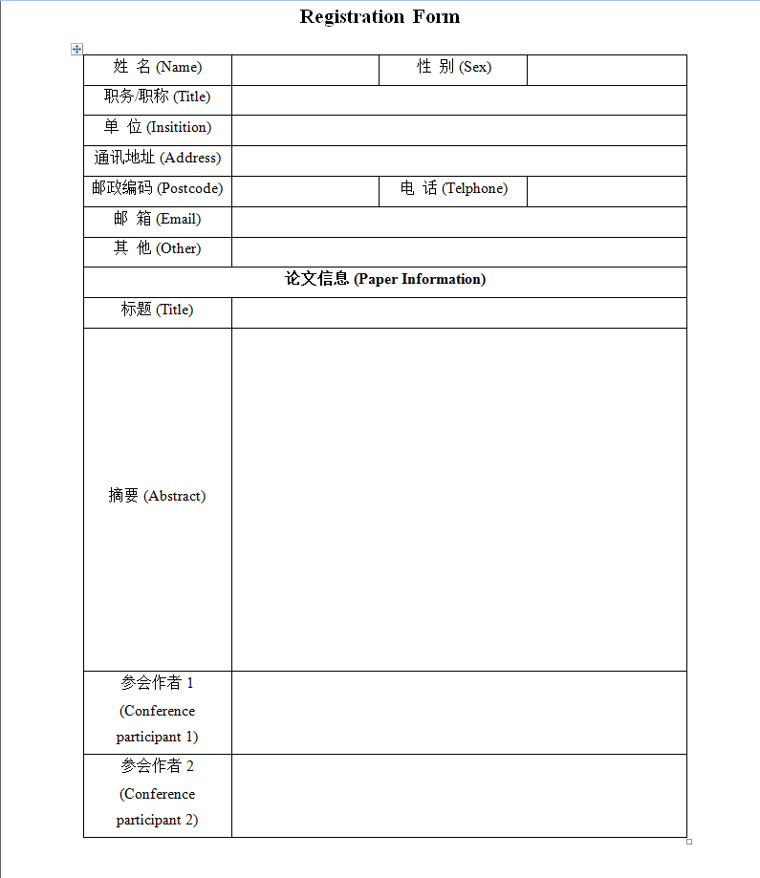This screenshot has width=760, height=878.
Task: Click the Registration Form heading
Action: [380, 16]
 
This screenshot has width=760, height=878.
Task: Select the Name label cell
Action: [158, 67]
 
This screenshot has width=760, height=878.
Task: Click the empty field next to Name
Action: [305, 70]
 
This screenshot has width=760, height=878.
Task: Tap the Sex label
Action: [453, 67]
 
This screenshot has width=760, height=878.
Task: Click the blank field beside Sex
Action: [606, 70]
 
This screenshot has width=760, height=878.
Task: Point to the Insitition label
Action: [158, 127]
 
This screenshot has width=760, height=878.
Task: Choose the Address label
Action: [158, 158]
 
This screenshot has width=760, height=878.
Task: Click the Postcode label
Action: [158, 188]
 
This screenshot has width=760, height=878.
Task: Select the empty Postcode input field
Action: [305, 191]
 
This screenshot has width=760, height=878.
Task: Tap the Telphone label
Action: [453, 188]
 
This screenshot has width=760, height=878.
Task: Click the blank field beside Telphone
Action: [606, 191]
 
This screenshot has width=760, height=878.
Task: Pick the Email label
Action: [158, 219]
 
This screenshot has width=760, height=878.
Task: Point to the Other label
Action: [158, 248]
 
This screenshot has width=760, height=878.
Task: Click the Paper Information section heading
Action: [385, 279]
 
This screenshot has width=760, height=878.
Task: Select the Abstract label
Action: [158, 496]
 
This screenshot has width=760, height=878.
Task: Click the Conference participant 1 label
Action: [158, 711]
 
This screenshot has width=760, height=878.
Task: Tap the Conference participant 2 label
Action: [158, 794]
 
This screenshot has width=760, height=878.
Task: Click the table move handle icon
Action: [77, 49]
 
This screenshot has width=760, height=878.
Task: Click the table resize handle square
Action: [689, 842]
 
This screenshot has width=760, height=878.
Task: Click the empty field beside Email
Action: [459, 222]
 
